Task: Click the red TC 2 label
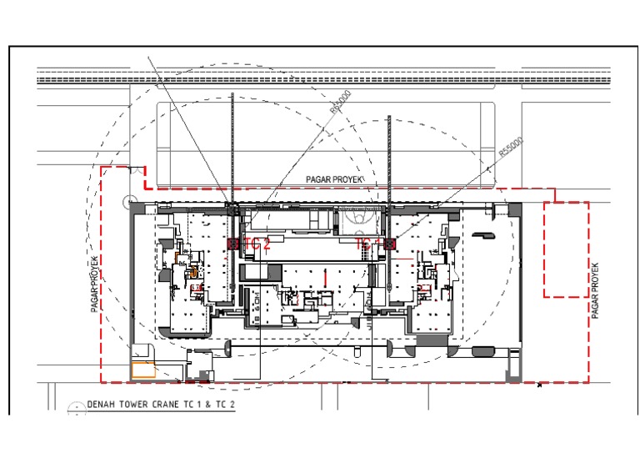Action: (257, 244)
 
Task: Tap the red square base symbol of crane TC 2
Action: (232, 244)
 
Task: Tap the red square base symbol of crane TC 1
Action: (389, 244)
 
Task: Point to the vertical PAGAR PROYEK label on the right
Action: (595, 289)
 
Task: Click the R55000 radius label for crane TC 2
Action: (340, 102)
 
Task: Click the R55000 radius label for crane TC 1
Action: (510, 148)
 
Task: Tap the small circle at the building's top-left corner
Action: (126, 201)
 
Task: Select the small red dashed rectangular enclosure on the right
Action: (566, 249)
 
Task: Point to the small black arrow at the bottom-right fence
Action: (540, 385)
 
